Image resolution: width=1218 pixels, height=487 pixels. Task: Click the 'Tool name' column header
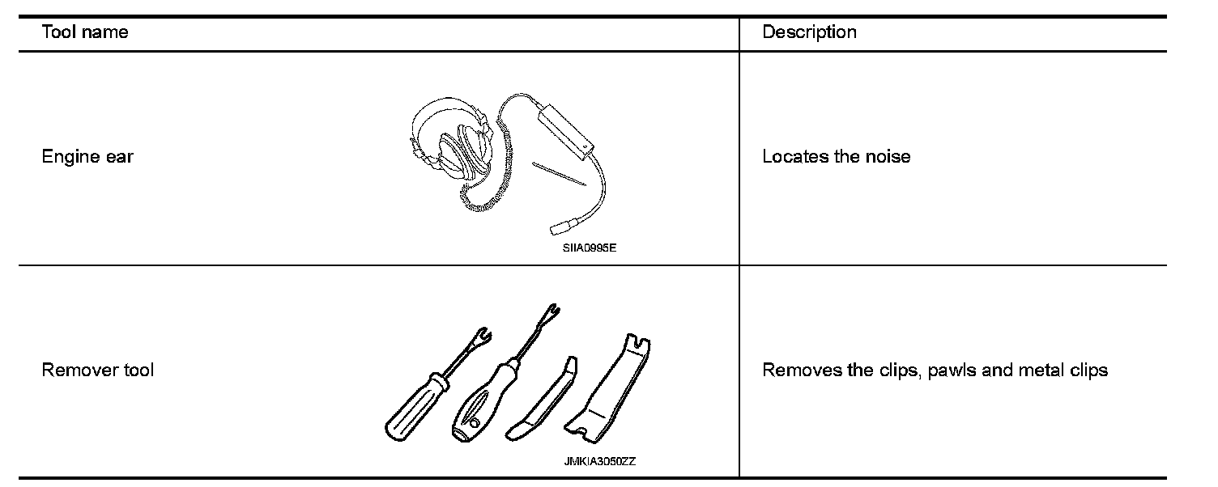(85, 32)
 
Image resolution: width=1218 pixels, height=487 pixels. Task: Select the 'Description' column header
(809, 32)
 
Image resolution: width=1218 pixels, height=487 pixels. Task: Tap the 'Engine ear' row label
(87, 157)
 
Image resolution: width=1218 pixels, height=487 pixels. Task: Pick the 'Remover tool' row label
(97, 371)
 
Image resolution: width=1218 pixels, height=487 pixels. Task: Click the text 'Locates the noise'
(836, 157)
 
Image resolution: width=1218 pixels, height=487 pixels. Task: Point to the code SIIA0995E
(590, 248)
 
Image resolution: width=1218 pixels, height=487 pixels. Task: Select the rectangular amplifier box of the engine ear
(564, 132)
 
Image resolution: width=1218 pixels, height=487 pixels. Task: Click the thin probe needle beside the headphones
(559, 175)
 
